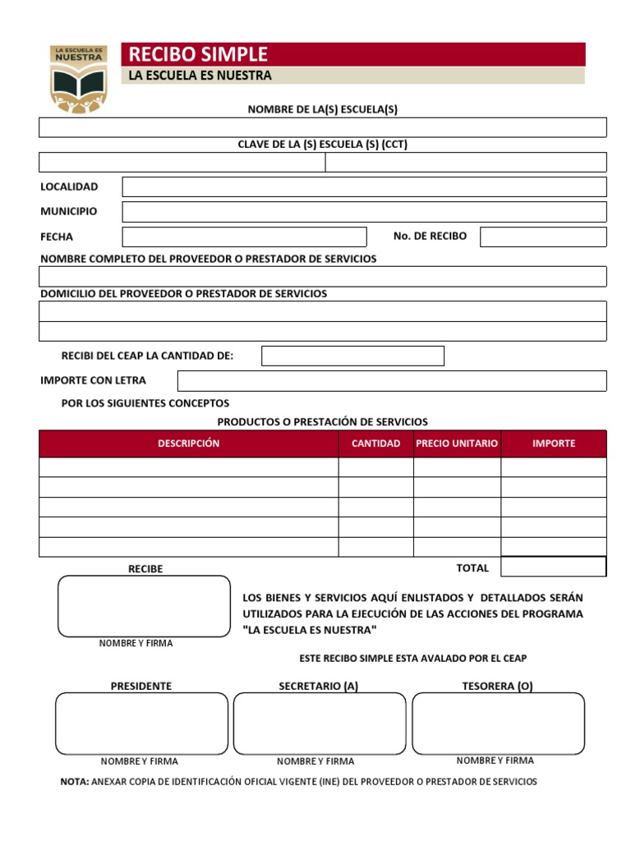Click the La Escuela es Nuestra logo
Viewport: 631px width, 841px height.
tap(79, 78)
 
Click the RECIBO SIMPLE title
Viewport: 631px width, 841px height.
tap(198, 54)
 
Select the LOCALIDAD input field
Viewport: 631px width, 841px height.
tap(364, 187)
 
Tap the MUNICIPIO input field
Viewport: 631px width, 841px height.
tap(364, 212)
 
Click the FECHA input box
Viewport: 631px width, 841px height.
tap(244, 237)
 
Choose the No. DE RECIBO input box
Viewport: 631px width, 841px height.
tap(543, 237)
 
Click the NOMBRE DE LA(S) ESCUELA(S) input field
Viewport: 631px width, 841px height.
tap(322, 127)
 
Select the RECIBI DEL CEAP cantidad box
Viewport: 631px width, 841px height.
tap(352, 356)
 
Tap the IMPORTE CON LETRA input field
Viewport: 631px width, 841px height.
tap(392, 381)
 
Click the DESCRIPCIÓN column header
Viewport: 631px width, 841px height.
tap(189, 443)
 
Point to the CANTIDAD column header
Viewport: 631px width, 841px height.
tap(375, 443)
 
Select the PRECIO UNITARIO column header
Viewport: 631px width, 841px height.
tap(457, 443)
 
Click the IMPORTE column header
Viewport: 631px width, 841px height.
tap(554, 443)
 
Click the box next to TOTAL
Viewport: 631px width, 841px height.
tap(553, 568)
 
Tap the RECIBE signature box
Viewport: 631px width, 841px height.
tap(144, 606)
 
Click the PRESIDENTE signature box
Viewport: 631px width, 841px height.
tap(141, 724)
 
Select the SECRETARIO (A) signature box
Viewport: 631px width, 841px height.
tap(319, 724)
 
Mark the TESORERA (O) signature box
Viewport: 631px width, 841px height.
tap(498, 723)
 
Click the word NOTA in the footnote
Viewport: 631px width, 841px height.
tap(75, 782)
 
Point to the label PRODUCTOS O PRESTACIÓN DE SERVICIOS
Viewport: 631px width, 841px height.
tap(322, 422)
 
